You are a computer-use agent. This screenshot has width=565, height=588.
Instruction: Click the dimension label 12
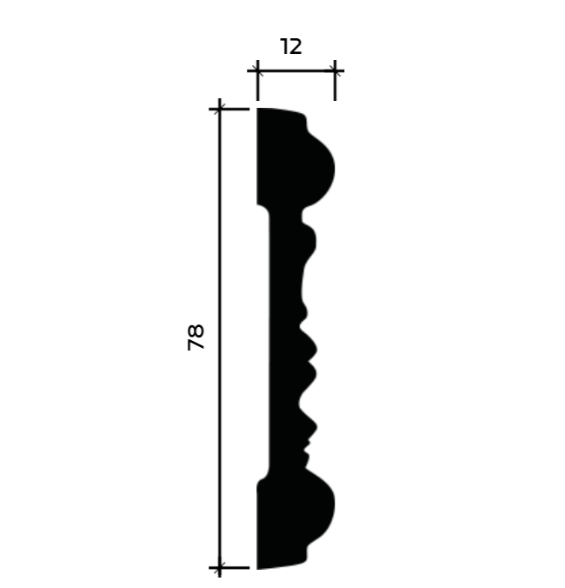click(x=290, y=47)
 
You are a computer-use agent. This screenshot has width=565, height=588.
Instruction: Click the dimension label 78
click(x=196, y=337)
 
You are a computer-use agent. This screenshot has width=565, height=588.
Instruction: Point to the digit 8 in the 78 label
click(x=196, y=331)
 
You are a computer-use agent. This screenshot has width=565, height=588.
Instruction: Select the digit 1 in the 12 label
click(x=283, y=47)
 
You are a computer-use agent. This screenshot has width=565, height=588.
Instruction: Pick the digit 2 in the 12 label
click(x=296, y=47)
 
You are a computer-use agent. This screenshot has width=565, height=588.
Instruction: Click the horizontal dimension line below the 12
click(x=296, y=70)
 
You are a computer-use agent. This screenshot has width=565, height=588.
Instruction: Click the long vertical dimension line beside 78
click(x=220, y=337)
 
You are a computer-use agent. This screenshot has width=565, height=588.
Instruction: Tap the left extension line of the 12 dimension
click(x=257, y=80)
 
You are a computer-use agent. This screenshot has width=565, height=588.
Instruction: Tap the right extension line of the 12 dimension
click(x=335, y=80)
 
